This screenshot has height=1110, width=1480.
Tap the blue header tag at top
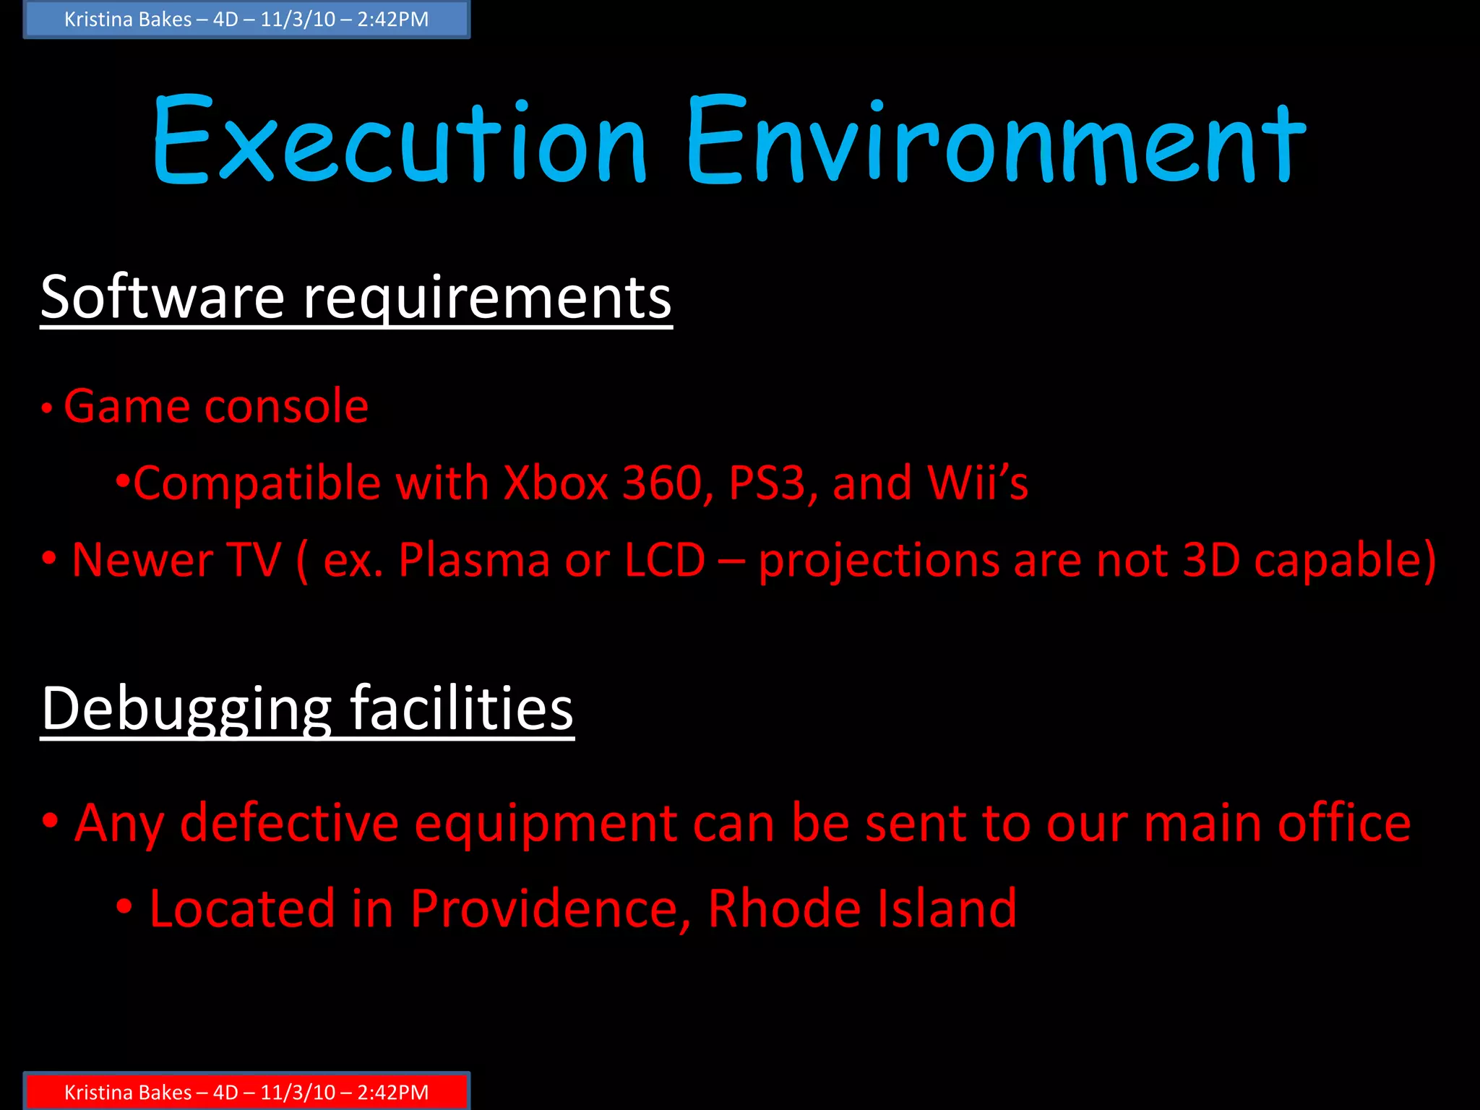(246, 20)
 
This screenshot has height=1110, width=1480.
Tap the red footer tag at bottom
(246, 1091)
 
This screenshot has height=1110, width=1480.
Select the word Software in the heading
(163, 297)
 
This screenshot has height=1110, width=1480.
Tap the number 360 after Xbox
(662, 483)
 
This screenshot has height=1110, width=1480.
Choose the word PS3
(767, 483)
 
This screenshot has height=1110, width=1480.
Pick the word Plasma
(474, 560)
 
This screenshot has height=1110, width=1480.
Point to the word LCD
(664, 560)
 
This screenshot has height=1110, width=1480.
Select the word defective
(288, 823)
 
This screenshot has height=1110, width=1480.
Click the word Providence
(549, 908)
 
